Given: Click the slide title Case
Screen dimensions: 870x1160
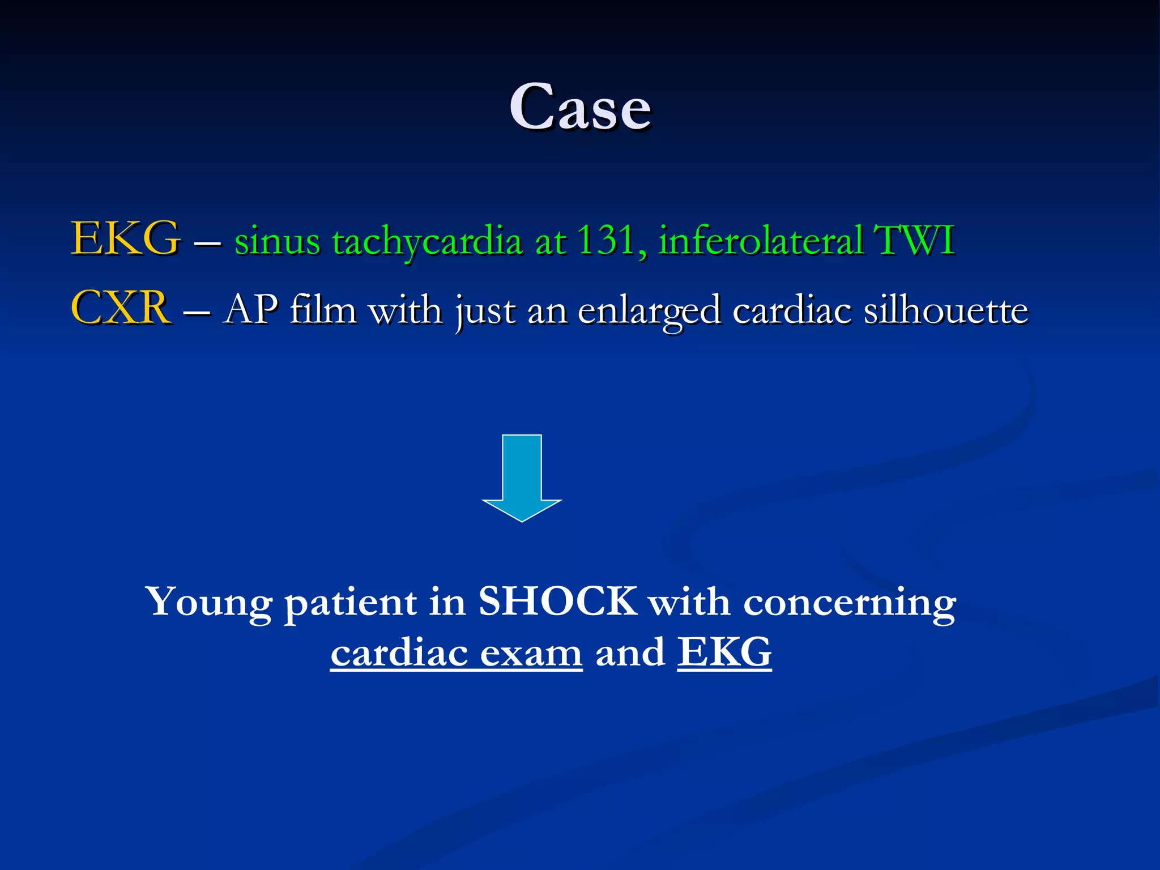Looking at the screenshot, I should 580,106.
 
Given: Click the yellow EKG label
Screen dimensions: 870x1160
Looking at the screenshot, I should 125,239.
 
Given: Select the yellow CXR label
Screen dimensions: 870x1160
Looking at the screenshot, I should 120,308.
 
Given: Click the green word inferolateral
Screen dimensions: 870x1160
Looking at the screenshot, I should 761,240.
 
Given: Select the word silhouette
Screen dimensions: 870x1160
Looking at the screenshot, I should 946,310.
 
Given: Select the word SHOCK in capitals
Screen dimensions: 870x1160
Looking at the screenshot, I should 558,602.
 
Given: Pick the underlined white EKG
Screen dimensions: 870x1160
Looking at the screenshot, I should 724,652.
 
